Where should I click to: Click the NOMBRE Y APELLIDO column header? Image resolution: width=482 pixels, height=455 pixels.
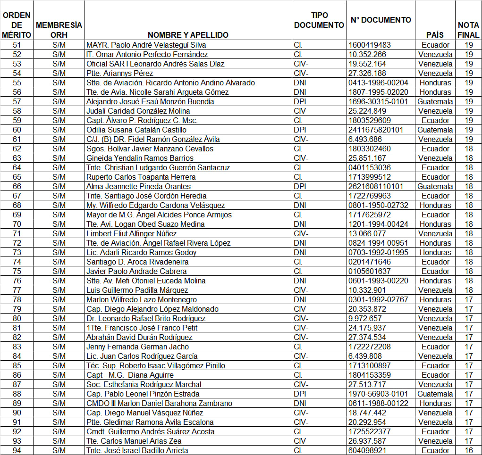click(x=188, y=35)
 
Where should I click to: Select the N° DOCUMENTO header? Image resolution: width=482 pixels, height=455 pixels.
click(x=381, y=20)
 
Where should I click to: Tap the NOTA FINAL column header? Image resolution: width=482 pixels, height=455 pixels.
click(x=468, y=30)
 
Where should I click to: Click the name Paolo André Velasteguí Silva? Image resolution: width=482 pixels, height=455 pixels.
click(x=146, y=45)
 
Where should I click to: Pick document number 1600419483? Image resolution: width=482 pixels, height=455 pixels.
click(x=370, y=45)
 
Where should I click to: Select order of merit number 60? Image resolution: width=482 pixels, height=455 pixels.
click(x=17, y=130)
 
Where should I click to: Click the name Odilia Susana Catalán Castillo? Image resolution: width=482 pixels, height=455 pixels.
click(x=136, y=130)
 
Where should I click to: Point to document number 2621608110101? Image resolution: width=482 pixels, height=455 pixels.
click(x=376, y=186)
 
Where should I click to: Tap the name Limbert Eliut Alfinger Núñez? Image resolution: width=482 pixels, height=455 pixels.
click(x=132, y=233)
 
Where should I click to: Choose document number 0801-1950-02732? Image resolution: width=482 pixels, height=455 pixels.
click(x=378, y=205)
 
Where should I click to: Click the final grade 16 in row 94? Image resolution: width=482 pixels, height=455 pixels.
click(x=469, y=450)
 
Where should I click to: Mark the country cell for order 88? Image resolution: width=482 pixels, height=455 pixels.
click(x=435, y=394)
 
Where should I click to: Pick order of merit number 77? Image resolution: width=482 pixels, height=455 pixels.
click(x=17, y=290)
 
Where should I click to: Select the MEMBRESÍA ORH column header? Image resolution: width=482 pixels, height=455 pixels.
click(x=59, y=30)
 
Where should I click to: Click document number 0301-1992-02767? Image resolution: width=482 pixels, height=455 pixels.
click(x=378, y=299)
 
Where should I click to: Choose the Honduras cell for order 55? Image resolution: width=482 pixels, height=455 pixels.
click(x=435, y=83)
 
